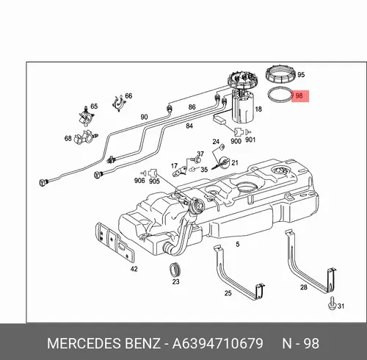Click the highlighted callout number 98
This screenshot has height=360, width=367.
click(299, 96)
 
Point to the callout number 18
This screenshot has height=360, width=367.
click(258, 109)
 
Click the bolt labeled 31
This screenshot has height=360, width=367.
click(332, 304)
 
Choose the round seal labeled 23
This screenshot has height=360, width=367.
click(175, 270)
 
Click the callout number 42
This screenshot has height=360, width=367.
click(134, 269)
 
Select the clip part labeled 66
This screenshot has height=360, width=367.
click(119, 103)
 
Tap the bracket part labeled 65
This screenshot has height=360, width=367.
click(87, 116)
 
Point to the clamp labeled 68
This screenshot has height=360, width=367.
click(86, 138)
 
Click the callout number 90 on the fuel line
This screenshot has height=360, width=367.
click(144, 117)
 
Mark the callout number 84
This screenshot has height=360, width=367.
click(189, 126)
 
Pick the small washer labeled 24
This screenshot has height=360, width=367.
click(222, 147)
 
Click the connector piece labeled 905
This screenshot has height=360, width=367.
click(153, 173)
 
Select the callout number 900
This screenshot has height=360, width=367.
click(236, 141)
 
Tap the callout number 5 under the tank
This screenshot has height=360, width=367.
click(238, 244)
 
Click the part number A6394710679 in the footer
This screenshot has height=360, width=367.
click(217, 343)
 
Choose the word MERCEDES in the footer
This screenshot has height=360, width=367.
click(84, 343)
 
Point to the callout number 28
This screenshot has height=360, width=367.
click(304, 287)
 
